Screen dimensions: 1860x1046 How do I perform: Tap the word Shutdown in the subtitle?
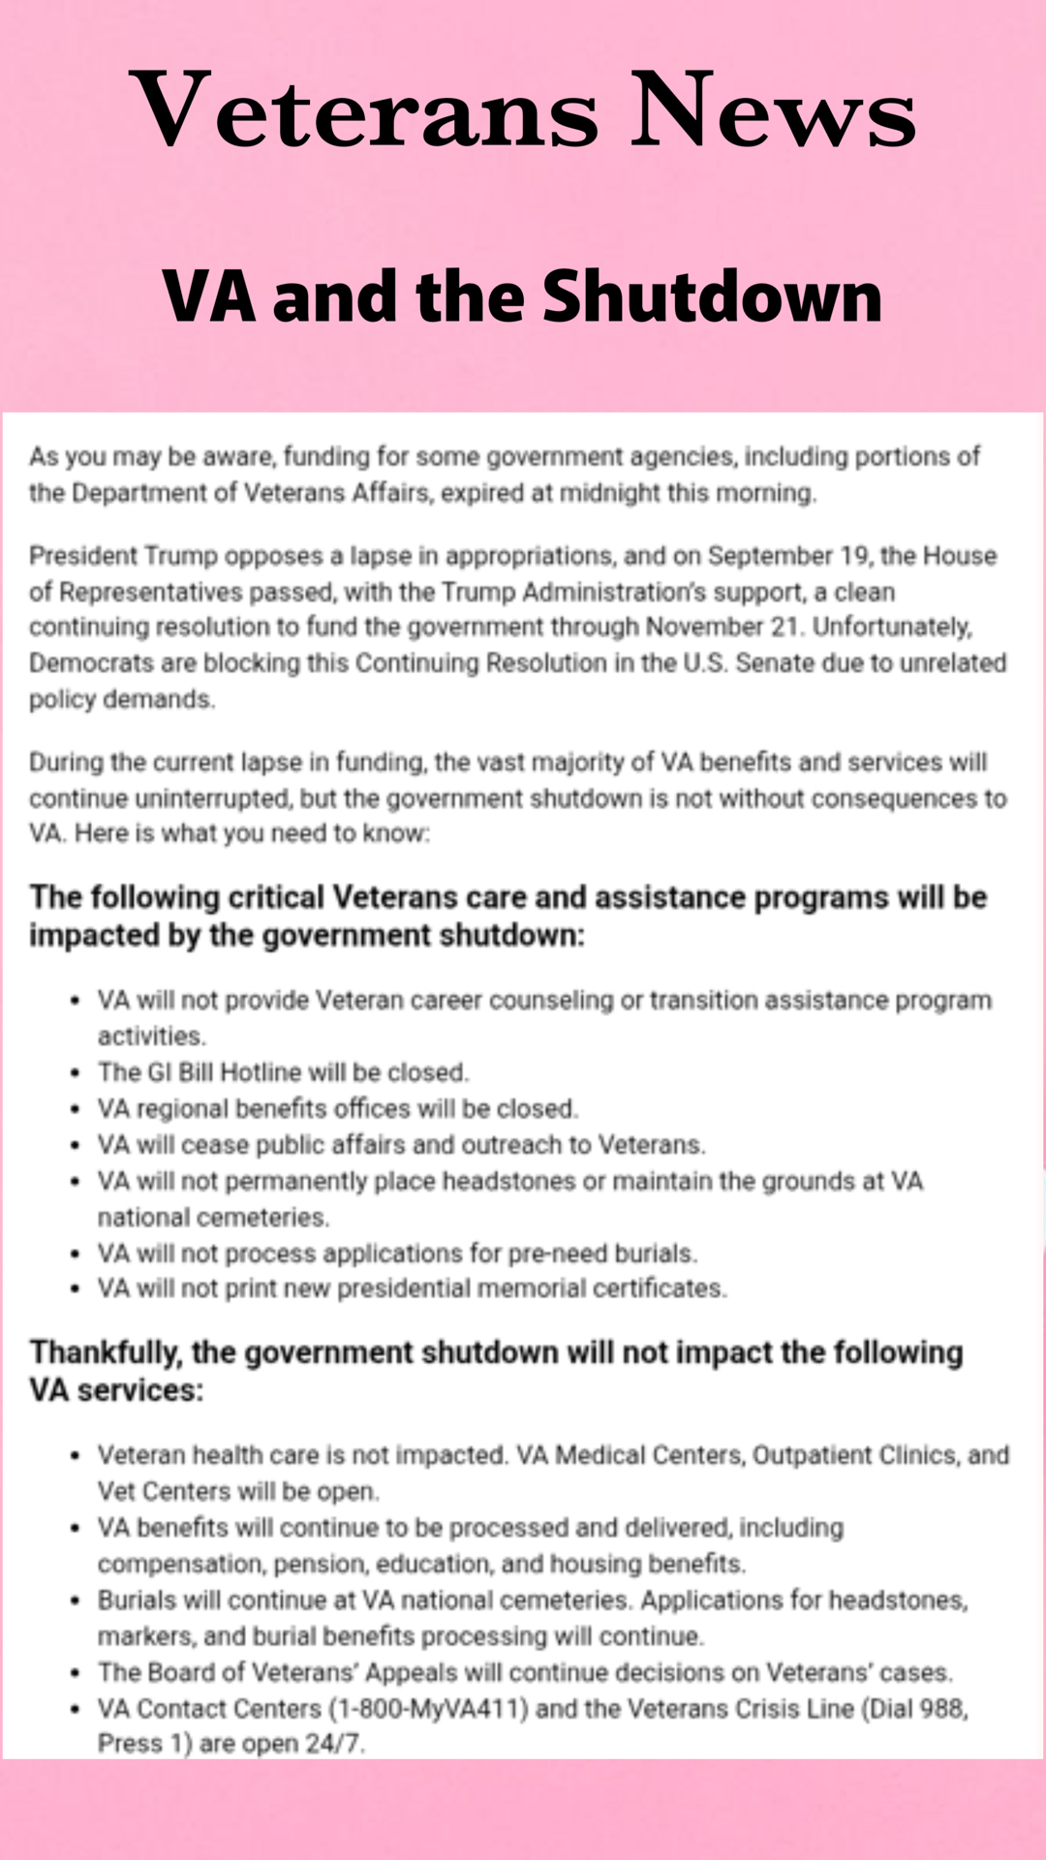point(712,296)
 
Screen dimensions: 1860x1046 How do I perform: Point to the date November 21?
point(723,627)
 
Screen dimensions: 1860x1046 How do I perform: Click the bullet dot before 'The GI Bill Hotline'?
point(75,1073)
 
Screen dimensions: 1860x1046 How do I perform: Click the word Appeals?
point(411,1673)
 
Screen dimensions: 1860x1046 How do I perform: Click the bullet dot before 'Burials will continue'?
point(75,1601)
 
